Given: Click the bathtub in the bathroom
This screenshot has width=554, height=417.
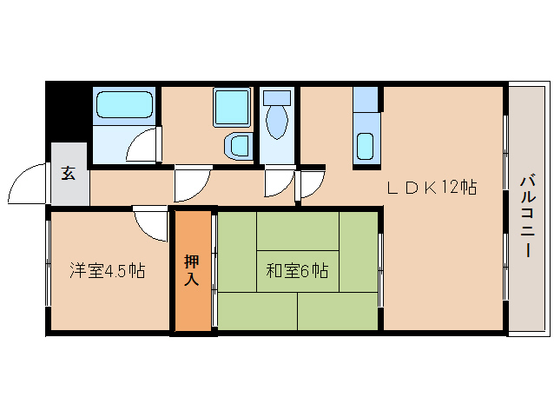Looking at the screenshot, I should [125, 106].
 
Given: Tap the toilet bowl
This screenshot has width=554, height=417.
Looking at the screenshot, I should [277, 122].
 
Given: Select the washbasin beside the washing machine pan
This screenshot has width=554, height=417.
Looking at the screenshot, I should [236, 145].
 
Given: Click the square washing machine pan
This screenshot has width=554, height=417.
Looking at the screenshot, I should [231, 108].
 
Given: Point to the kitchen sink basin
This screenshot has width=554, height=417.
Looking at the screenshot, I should [365, 146].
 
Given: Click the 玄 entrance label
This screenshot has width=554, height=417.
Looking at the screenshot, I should [69, 172].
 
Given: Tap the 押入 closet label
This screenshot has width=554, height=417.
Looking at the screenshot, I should [192, 270].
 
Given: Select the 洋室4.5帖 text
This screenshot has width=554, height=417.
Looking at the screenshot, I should [107, 271].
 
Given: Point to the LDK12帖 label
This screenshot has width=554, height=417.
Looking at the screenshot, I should [432, 187].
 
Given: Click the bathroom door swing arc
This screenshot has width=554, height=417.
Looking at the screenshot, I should [143, 146].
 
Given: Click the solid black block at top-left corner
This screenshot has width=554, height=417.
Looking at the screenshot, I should [68, 109].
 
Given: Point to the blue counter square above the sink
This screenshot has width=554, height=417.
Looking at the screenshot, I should [366, 99].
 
